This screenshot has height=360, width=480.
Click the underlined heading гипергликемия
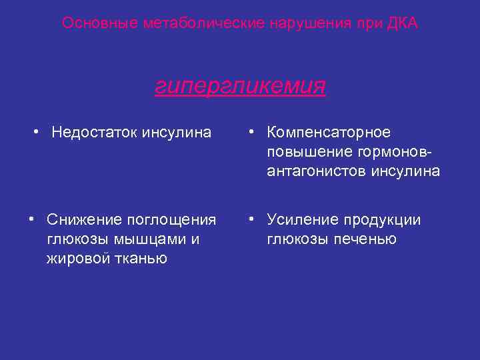[240, 86]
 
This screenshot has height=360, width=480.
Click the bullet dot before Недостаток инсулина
[39, 132]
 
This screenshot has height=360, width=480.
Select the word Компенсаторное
[329, 132]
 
